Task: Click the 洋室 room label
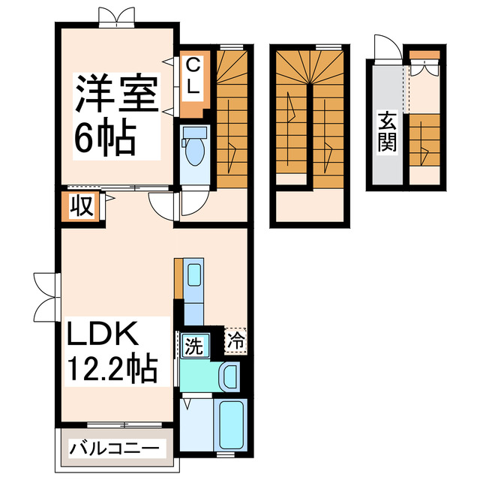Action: [x=115, y=94]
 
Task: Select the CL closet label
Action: [x=192, y=76]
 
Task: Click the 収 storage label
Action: [x=82, y=205]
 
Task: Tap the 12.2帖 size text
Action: [x=112, y=368]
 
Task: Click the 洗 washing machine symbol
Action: [x=193, y=347]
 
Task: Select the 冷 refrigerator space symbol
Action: [x=235, y=339]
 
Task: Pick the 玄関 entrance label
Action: [x=387, y=130]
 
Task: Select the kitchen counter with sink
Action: [x=193, y=289]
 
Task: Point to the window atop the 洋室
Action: [x=117, y=16]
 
